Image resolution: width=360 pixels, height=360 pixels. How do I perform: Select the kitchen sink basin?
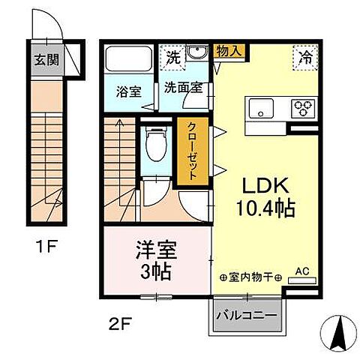(x=262, y=106)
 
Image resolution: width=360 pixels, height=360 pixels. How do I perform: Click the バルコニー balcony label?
(x=248, y=313)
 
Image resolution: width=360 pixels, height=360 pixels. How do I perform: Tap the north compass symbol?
(x=336, y=333)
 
